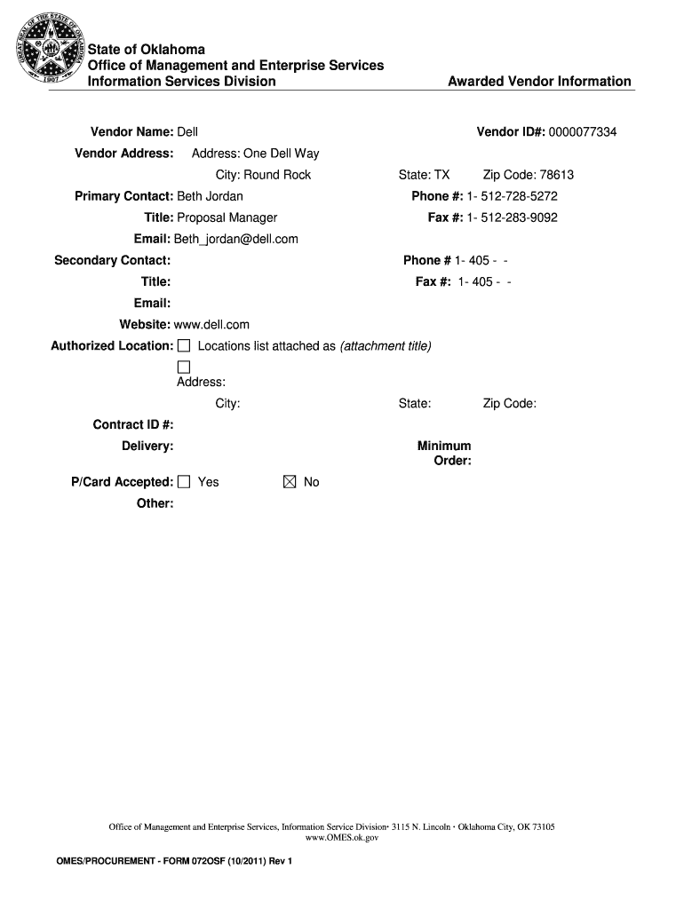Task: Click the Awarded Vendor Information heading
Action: click(x=539, y=82)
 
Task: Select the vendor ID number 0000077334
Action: click(x=582, y=132)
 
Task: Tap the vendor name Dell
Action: click(x=187, y=132)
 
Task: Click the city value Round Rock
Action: click(x=277, y=175)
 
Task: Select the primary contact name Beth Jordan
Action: click(x=210, y=196)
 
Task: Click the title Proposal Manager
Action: click(x=227, y=217)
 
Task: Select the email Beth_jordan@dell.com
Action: click(x=235, y=239)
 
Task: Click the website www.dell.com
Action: click(x=211, y=325)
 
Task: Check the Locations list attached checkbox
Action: click(x=184, y=345)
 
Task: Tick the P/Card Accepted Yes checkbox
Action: click(x=184, y=482)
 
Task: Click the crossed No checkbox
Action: click(x=290, y=482)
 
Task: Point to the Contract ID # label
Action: click(x=133, y=424)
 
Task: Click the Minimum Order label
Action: click(x=445, y=454)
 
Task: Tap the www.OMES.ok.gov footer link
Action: click(x=342, y=837)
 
